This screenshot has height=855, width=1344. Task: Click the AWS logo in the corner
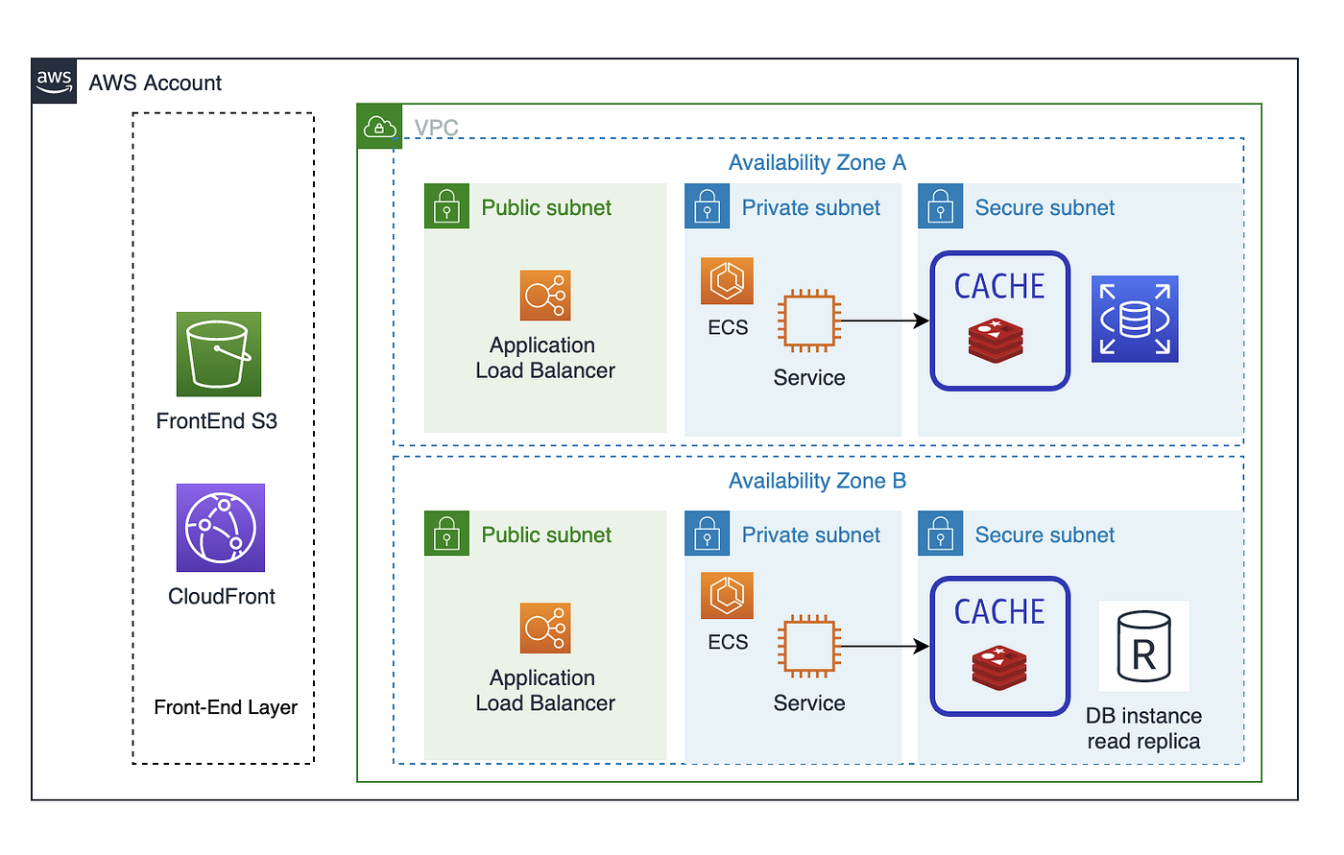(55, 82)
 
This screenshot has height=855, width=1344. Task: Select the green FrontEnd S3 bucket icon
(219, 354)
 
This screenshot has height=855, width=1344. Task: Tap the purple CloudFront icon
(221, 528)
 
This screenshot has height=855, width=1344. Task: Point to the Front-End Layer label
(226, 707)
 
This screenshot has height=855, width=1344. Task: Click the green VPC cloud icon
(379, 127)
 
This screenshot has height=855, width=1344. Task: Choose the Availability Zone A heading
(817, 163)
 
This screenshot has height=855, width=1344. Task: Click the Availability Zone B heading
(817, 481)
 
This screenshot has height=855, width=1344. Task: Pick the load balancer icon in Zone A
(545, 296)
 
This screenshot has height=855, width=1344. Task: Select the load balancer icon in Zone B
(545, 629)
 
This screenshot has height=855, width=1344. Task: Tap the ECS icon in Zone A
(727, 281)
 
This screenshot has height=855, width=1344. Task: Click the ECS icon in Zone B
(727, 596)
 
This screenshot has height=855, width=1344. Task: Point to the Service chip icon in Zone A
(809, 321)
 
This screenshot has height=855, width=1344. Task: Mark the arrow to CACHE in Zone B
(883, 647)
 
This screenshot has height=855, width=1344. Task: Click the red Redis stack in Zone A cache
(996, 341)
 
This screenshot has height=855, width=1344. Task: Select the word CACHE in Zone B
(999, 612)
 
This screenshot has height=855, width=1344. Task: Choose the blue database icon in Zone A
(1135, 320)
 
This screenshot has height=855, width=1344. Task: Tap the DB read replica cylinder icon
(1144, 646)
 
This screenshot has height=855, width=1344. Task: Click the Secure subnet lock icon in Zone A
(941, 206)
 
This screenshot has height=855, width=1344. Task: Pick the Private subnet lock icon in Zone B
(708, 534)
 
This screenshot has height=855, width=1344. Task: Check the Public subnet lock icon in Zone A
(447, 206)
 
